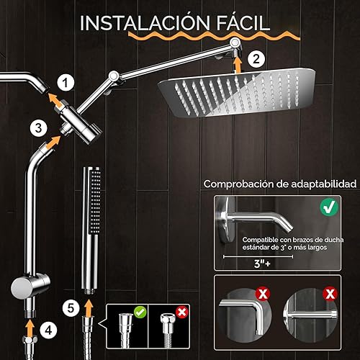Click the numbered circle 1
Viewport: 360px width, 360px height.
click(65, 83)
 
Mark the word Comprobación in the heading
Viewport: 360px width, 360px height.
click(242, 184)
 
